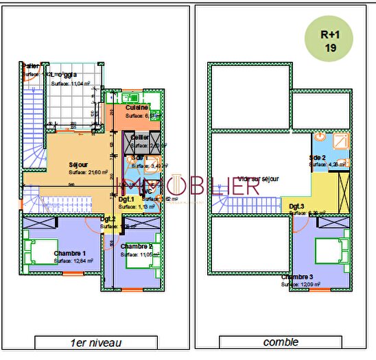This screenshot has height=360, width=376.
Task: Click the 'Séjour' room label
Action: (x=78, y=165)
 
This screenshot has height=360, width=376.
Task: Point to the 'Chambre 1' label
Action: (x=71, y=252)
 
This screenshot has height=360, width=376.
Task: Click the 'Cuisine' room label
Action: (x=138, y=108)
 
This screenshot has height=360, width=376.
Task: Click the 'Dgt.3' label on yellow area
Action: (x=296, y=206)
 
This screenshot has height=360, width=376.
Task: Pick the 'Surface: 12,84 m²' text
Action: (x=73, y=261)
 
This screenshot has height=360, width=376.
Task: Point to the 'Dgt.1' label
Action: (x=126, y=199)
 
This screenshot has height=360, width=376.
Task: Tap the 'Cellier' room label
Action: (x=139, y=137)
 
